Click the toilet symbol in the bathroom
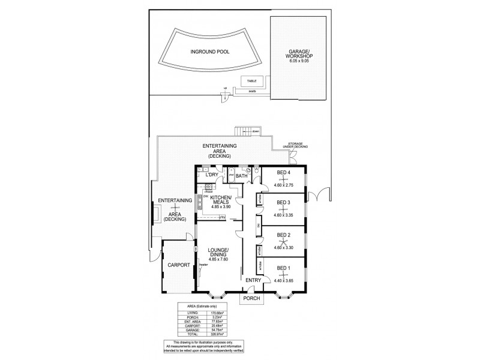tap(256, 171)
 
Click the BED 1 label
tap(283, 268)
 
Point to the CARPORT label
tap(179, 265)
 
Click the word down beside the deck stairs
tap(256, 131)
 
